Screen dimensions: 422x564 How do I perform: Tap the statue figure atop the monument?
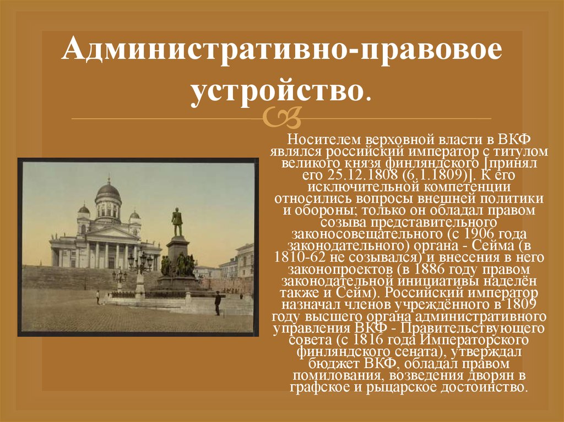click(x=177, y=222)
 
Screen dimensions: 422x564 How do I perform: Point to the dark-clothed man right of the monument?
click(x=218, y=302)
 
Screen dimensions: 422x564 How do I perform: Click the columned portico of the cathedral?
click(x=107, y=254)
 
